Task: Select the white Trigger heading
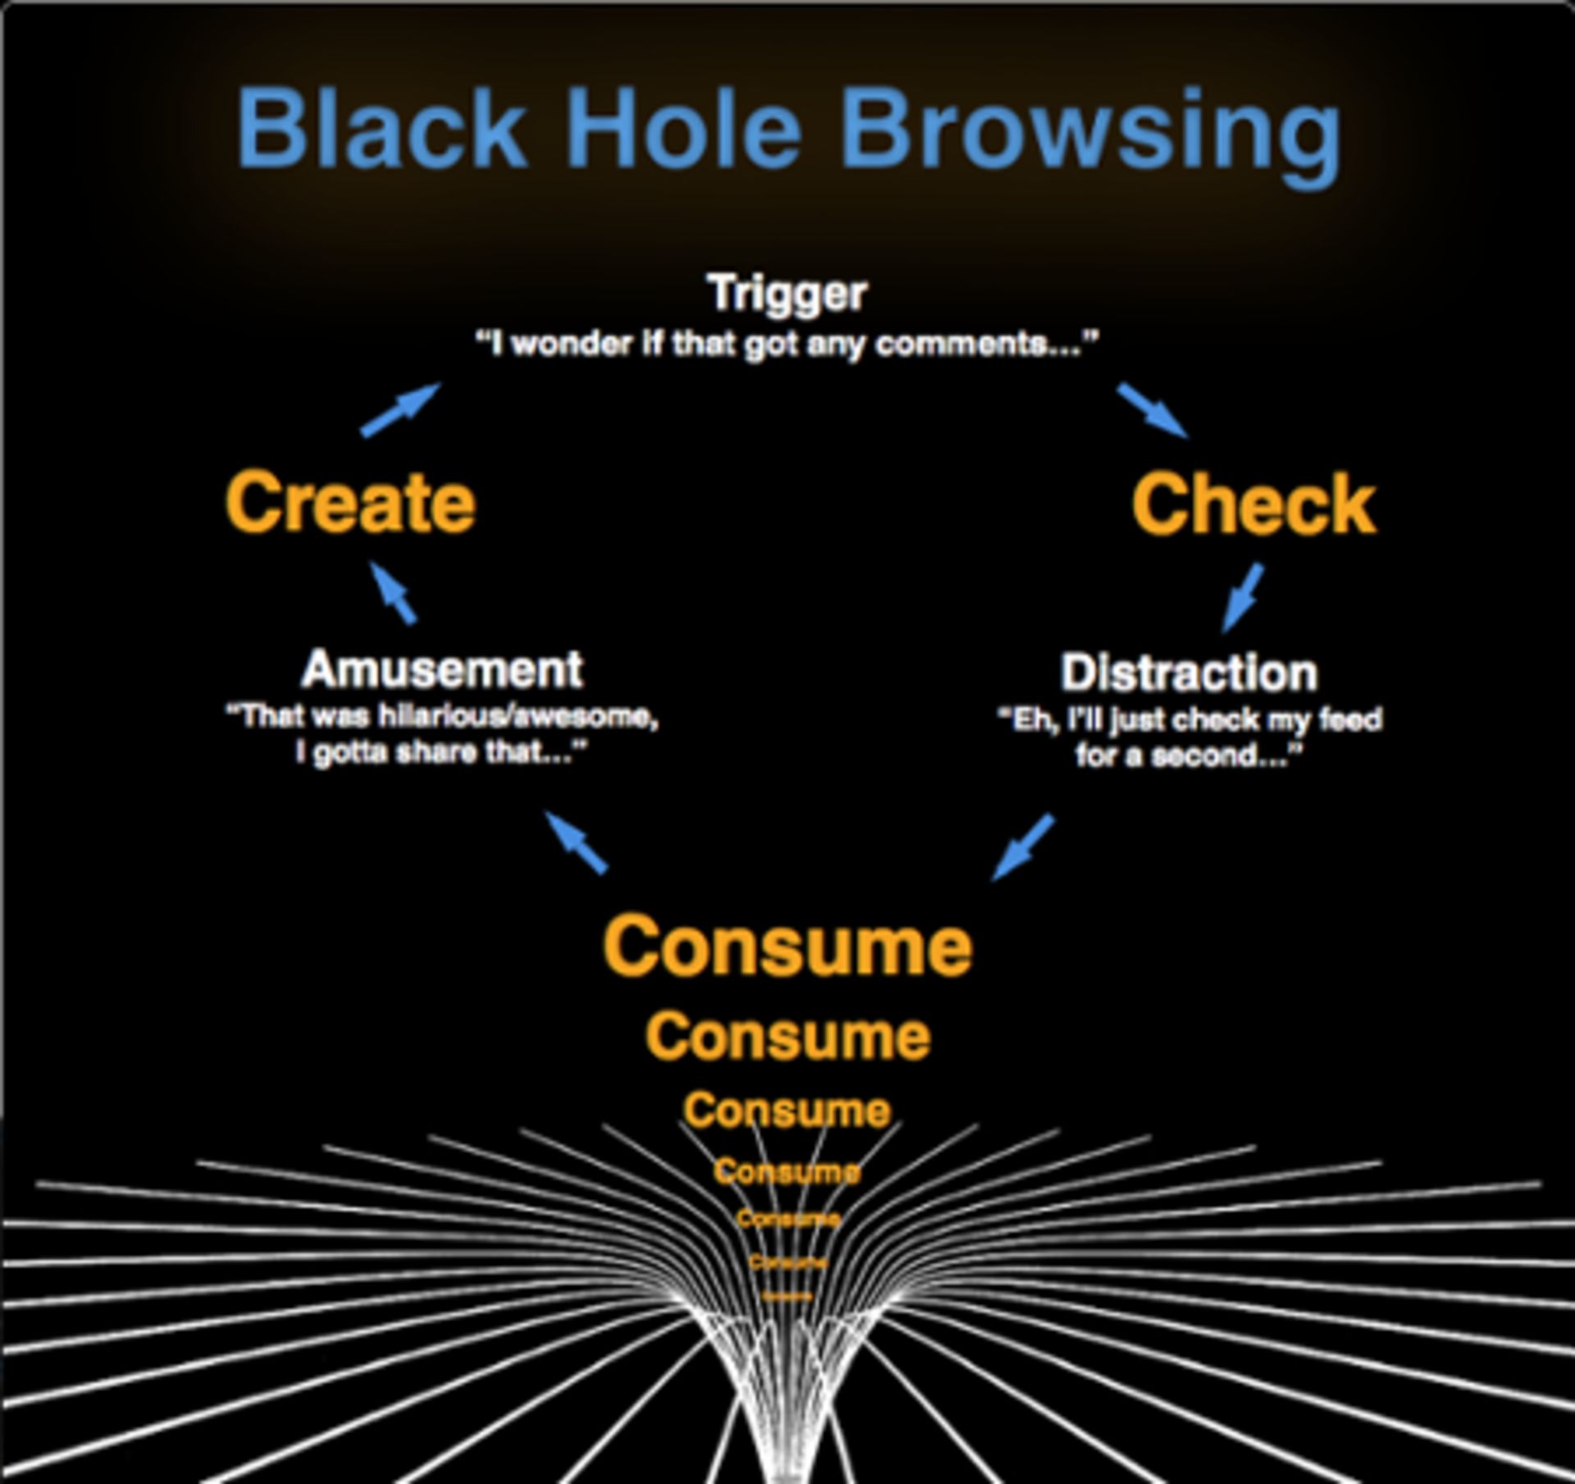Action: (x=787, y=294)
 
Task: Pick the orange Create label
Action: (x=350, y=502)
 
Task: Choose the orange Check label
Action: (x=1253, y=504)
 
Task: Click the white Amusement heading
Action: (x=442, y=669)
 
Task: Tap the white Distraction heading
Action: (x=1189, y=673)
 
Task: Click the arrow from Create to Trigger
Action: (x=400, y=410)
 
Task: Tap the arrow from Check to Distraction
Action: (x=1243, y=597)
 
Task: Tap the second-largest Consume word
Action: (x=787, y=1037)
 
